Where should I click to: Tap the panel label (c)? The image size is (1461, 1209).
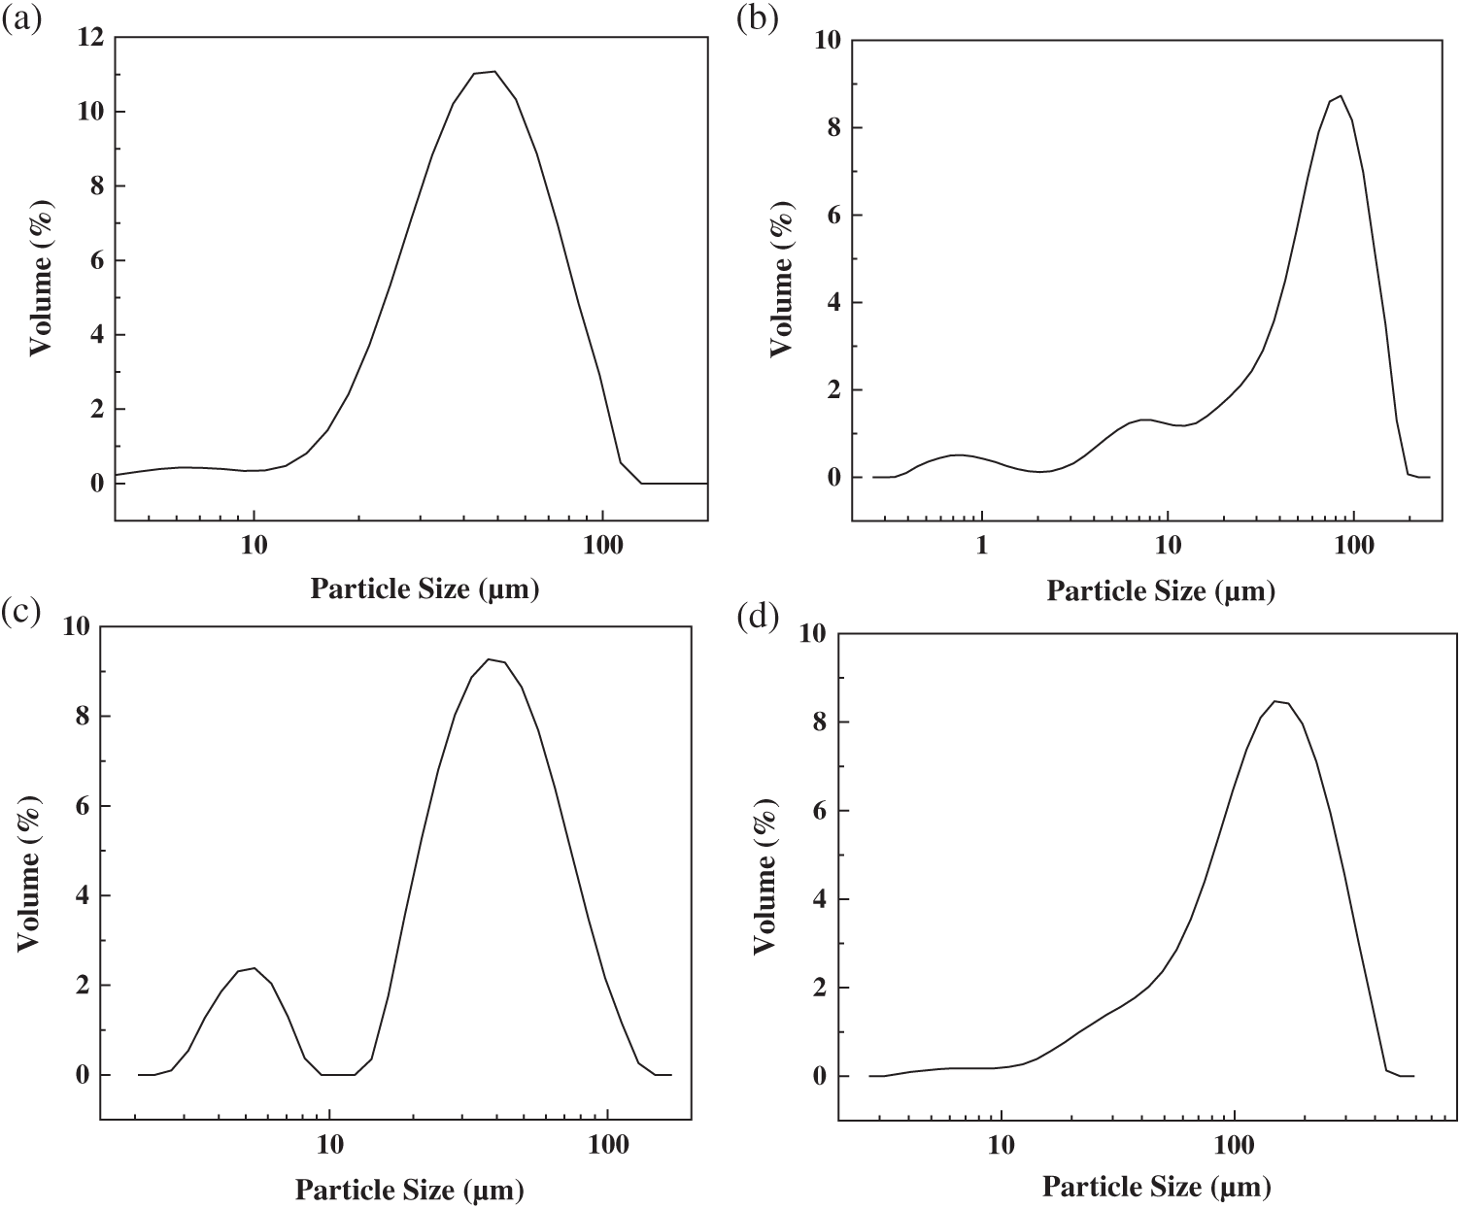coord(20,612)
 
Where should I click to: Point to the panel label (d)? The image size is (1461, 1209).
coord(758,618)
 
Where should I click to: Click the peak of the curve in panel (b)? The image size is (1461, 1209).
coord(1341,95)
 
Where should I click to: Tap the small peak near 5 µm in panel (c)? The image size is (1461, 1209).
coord(254,968)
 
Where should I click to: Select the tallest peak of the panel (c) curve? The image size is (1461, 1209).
coord(490,659)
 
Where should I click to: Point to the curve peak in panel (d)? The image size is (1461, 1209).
coord(1274,701)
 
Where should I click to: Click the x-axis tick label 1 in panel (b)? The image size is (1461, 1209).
coord(982,546)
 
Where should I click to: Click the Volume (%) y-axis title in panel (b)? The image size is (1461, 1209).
coord(781,284)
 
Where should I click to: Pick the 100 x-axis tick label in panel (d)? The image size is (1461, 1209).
coord(1235,1146)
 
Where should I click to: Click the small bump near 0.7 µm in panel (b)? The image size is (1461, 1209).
coord(960,454)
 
